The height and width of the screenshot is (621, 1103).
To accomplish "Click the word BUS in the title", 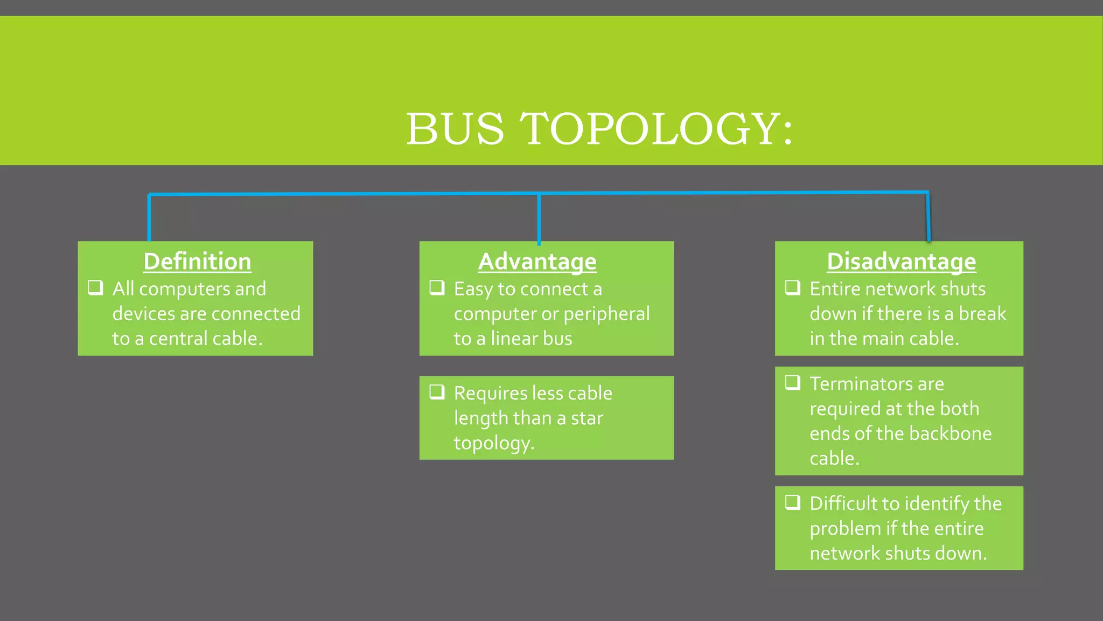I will tap(455, 129).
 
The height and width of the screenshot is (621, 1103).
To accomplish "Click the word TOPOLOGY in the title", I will tap(650, 129).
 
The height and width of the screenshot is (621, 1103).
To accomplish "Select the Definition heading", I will tap(197, 261).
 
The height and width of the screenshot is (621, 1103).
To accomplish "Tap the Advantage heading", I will tap(537, 261).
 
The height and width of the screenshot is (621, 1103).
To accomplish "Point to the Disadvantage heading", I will tap(901, 261).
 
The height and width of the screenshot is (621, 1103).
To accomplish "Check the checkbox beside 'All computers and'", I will tap(95, 287).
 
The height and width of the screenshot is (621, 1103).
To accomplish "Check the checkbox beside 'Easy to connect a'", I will tap(437, 287).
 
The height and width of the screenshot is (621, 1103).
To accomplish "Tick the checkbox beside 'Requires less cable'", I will tap(437, 392).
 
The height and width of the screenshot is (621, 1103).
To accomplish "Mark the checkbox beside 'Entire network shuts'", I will tap(792, 287).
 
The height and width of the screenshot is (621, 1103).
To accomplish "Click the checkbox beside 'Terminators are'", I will tap(792, 382).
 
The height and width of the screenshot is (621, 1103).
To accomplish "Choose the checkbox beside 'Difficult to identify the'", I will tap(792, 502).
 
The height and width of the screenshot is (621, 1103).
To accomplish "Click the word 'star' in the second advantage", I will tap(587, 418).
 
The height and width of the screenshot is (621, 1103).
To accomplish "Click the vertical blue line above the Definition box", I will tap(149, 218).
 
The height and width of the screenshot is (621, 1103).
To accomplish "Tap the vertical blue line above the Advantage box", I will tap(539, 218).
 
